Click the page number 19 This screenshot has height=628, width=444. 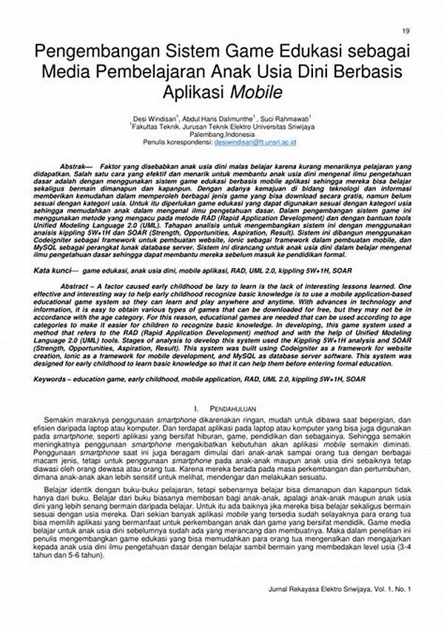point(406,30)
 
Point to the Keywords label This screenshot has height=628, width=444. point(56,378)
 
